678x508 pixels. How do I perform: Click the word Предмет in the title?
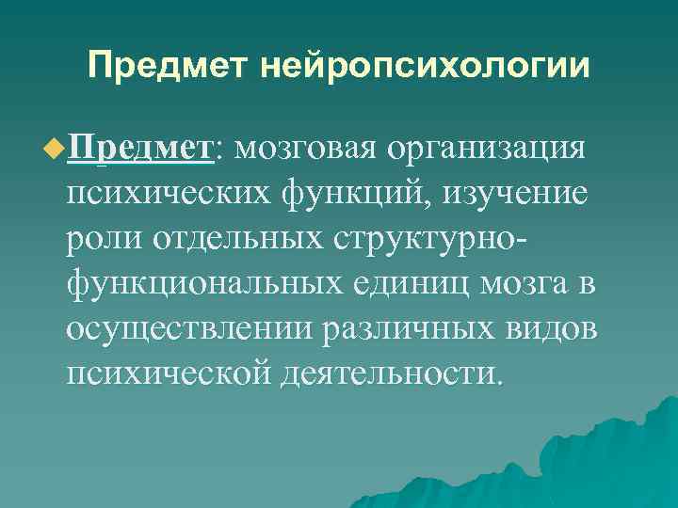[x=169, y=67]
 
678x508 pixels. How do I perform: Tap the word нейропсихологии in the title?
[x=427, y=67]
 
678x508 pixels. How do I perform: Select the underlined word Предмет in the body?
[x=138, y=148]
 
